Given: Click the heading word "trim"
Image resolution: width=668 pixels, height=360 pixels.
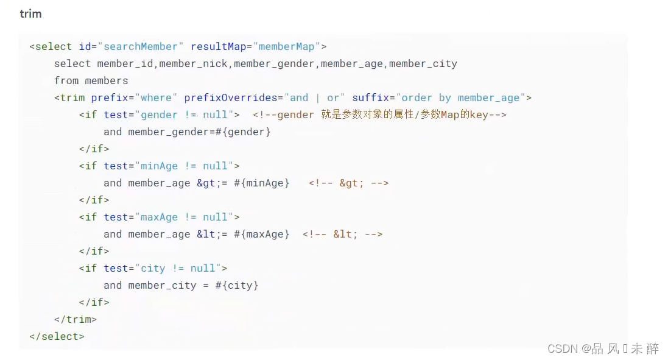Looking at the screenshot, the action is [30, 13].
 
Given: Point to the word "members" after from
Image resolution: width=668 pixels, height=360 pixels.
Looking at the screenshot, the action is [107, 80].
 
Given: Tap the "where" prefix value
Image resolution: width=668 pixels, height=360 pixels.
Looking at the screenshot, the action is [156, 97].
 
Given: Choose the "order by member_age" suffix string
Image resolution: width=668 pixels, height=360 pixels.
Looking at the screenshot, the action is [460, 97].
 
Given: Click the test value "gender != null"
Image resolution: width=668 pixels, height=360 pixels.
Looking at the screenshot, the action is [185, 115].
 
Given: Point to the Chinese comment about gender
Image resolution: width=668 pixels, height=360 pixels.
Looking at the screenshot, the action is [379, 115].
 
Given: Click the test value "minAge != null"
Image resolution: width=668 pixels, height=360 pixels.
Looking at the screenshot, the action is [185, 166].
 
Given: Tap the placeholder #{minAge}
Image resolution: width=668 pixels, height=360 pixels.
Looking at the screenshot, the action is [262, 183].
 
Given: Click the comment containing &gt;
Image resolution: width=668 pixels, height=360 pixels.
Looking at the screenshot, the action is [348, 183].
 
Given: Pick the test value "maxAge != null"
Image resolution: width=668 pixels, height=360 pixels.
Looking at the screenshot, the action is [185, 217].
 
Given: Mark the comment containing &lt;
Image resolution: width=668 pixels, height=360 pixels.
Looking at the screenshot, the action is [342, 234].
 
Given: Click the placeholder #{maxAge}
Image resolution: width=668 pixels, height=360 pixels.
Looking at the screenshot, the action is [262, 234].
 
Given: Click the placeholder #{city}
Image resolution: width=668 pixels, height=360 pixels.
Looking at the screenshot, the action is [237, 285].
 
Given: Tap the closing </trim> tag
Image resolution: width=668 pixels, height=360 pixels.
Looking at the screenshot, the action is [76, 319].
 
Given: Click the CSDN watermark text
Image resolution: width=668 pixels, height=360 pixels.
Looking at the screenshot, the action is [603, 348].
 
